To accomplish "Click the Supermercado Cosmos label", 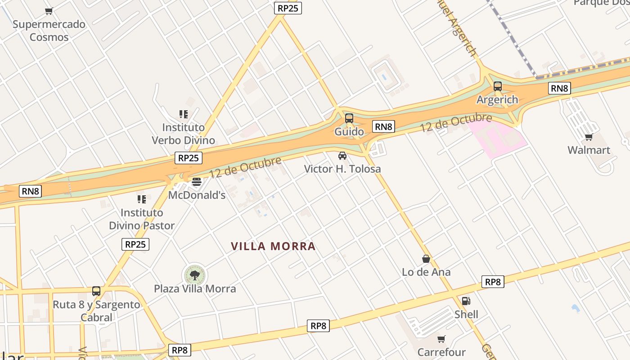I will coord(49,31).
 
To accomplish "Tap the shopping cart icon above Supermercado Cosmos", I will coord(49,11).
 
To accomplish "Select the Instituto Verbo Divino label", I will coord(183,134).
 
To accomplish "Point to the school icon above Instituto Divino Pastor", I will coord(142,199).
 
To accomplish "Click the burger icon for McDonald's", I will coord(196,182).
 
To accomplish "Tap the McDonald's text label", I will coord(197,195).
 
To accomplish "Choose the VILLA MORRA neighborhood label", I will coord(273,246).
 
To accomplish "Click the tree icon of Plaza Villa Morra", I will coord(195,275).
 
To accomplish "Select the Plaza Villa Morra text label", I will coord(195,288).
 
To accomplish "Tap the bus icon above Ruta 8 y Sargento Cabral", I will coord(96,291).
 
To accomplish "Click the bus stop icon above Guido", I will coord(349,118).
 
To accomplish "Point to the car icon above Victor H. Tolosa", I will coord(342,156).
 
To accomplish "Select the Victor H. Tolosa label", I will coord(342,169).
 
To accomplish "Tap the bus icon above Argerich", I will coord(498,86).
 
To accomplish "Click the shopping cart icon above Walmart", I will coord(589,137).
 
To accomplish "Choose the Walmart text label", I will coord(589,150).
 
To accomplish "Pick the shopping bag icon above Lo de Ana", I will coord(426,259).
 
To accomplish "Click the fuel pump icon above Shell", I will coord(466,301).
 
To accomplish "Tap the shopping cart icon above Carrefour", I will coord(441,339).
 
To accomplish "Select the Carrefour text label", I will coord(441,352).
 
